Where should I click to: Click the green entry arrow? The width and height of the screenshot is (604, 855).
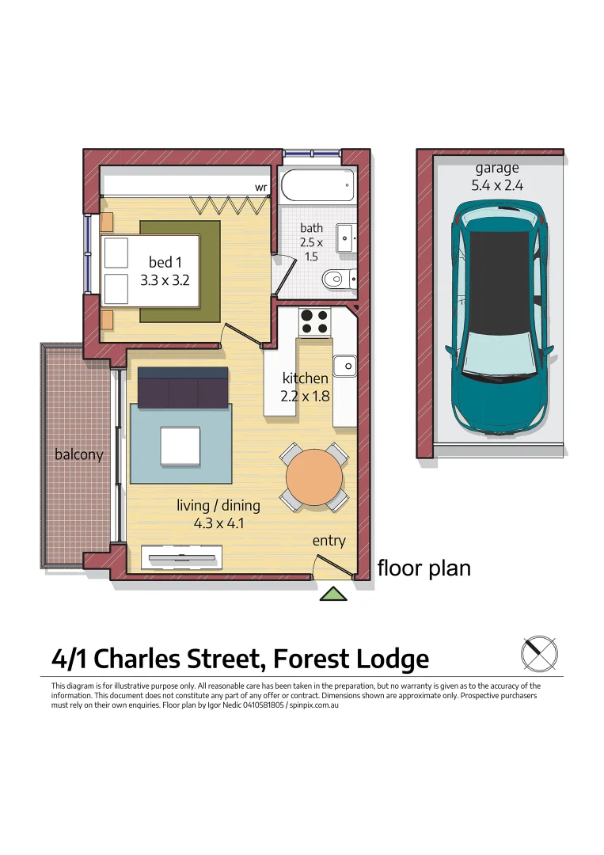[x=334, y=594]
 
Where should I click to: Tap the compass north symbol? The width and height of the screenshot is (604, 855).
[x=539, y=654]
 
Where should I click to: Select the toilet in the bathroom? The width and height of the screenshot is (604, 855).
[x=339, y=278]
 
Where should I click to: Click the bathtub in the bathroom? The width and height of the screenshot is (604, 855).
[x=317, y=185]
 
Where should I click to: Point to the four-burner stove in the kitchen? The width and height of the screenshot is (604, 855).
[x=314, y=321]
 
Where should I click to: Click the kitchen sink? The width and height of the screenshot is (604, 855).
[x=344, y=365]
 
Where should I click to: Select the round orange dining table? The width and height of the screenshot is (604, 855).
[x=314, y=477]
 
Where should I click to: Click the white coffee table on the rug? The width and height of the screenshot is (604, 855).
[x=180, y=446]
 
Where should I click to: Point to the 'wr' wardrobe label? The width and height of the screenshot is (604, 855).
[x=260, y=188]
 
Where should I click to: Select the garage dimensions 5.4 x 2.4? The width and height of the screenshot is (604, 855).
[x=496, y=186]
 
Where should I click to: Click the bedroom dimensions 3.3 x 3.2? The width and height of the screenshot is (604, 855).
[x=165, y=279]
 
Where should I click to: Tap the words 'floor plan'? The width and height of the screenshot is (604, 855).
[x=424, y=568]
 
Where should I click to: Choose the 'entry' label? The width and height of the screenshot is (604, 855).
[x=329, y=541]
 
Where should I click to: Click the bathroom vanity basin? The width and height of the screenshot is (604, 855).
[x=346, y=237]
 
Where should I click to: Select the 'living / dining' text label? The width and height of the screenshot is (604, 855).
[x=218, y=505]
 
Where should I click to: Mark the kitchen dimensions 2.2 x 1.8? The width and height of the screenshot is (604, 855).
[x=306, y=396]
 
